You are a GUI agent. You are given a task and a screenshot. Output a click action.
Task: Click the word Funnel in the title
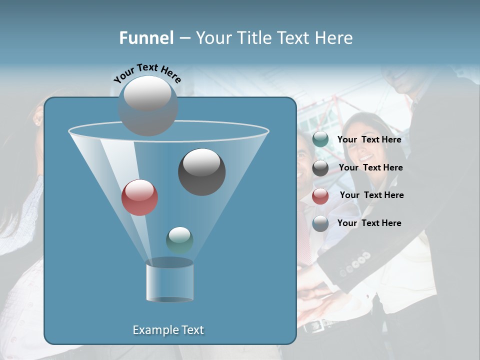pyautogui.click(x=146, y=38)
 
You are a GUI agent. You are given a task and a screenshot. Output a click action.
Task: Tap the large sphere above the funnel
pyautogui.click(x=148, y=105)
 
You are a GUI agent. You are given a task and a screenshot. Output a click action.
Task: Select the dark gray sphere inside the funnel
pyautogui.click(x=201, y=171)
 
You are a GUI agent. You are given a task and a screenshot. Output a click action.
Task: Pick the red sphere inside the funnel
pyautogui.click(x=139, y=197)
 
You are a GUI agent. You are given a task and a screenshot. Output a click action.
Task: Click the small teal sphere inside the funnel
pyautogui.click(x=179, y=240)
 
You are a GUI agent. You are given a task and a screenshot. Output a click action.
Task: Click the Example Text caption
pyautogui.click(x=168, y=330)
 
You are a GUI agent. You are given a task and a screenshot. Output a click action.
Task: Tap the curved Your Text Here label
pyautogui.click(x=147, y=73)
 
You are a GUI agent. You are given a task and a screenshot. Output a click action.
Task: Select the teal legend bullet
pyautogui.click(x=320, y=139)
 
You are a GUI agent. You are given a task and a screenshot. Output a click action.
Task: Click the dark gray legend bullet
pyautogui.click(x=320, y=168)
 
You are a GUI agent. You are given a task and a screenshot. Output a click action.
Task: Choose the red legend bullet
pyautogui.click(x=320, y=196)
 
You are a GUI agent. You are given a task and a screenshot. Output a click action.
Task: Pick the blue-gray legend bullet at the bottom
pyautogui.click(x=320, y=223)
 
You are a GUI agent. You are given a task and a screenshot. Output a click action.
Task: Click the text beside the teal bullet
pyautogui.click(x=369, y=139)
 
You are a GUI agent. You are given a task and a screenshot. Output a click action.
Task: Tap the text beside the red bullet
pyautogui.click(x=371, y=195)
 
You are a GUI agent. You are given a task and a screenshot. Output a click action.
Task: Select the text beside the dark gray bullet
pyautogui.click(x=370, y=167)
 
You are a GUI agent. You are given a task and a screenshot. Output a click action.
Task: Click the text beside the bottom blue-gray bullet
pyautogui.click(x=369, y=223)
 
